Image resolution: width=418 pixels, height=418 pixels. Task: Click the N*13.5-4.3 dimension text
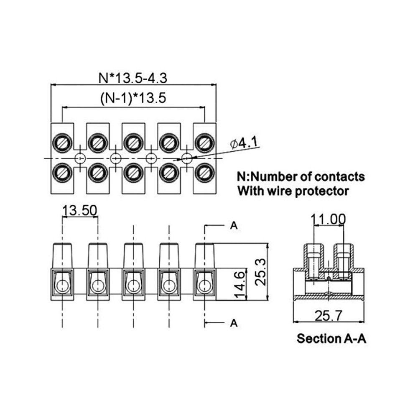coord(133,78)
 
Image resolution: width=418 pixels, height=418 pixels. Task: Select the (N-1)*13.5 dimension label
coord(133,98)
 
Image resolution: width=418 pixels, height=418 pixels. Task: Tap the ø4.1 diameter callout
coord(244,143)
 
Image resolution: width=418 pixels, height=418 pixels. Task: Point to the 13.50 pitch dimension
coord(80,210)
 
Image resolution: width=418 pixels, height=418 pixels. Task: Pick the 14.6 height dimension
coord(239,284)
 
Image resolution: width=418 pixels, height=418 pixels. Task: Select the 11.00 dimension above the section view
coord(329,219)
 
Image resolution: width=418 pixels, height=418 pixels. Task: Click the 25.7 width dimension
coord(329,316)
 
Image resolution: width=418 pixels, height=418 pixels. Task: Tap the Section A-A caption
coord(331,339)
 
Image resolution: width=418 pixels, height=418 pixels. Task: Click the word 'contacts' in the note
coord(339,176)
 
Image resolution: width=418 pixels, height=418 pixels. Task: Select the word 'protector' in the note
coord(322,191)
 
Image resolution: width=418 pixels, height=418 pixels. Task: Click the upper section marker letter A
coord(234,226)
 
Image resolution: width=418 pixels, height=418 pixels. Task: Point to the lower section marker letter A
coord(234,323)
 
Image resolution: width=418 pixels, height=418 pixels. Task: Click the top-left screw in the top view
coord(62,143)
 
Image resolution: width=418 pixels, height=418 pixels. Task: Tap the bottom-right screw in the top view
coord(204,173)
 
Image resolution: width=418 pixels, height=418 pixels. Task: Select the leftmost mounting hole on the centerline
coord(80,158)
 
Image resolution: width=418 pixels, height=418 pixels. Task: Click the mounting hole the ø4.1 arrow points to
coord(186,158)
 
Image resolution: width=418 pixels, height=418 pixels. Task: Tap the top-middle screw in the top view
coord(133,143)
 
